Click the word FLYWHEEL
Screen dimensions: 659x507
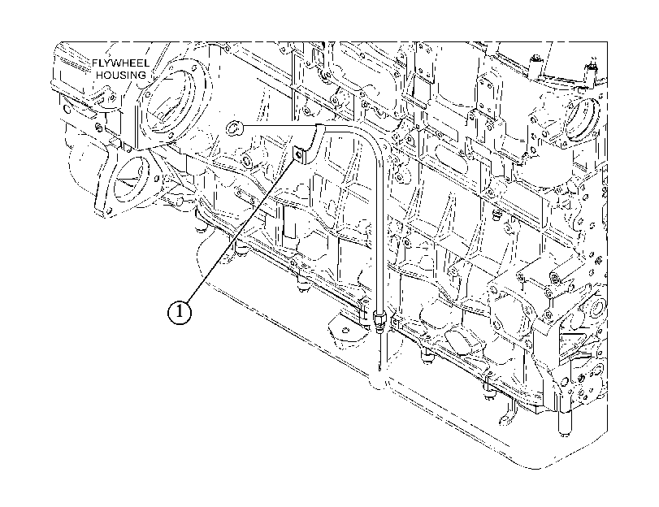point(121,63)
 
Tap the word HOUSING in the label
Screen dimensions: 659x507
point(121,76)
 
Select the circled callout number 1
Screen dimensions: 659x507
point(180,312)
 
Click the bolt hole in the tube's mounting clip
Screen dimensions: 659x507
point(298,154)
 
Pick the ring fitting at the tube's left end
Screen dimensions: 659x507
point(233,127)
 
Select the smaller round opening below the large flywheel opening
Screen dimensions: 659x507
point(129,177)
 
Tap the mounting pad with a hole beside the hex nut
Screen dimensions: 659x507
point(346,331)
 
